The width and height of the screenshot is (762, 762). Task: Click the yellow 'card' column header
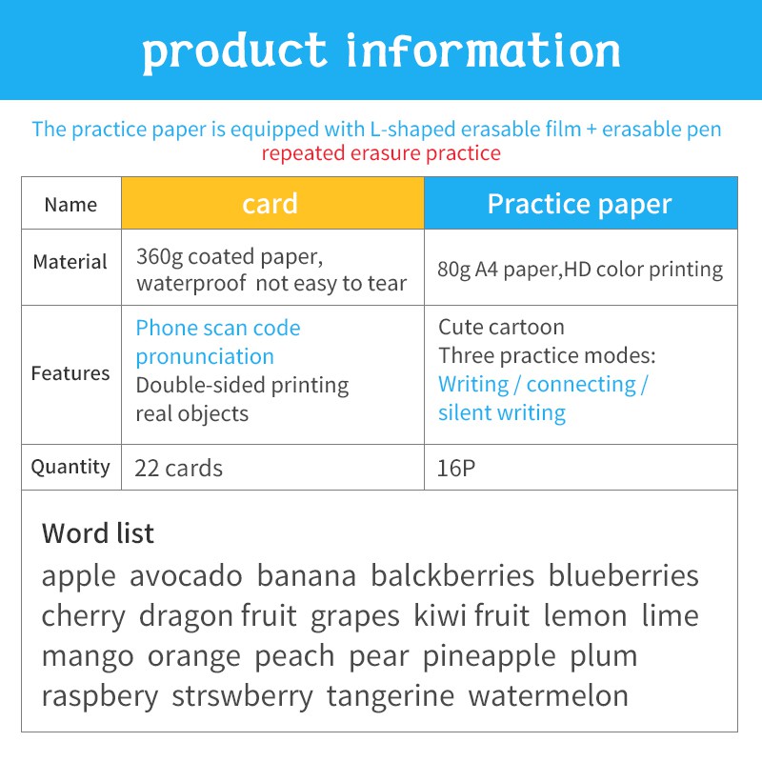pyautogui.click(x=271, y=203)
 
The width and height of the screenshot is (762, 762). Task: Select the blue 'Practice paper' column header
pyautogui.click(x=579, y=204)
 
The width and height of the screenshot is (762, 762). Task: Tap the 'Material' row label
pyautogui.click(x=70, y=261)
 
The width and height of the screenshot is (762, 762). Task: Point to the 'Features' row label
pyautogui.click(x=70, y=373)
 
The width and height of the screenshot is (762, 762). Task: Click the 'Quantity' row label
pyautogui.click(x=70, y=467)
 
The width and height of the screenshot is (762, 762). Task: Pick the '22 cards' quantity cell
pyautogui.click(x=178, y=468)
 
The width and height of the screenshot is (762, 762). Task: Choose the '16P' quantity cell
pyautogui.click(x=456, y=468)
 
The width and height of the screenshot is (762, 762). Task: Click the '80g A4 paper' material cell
pyautogui.click(x=580, y=270)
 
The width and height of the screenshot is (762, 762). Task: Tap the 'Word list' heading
pyautogui.click(x=98, y=533)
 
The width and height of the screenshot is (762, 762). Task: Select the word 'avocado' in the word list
pyautogui.click(x=186, y=576)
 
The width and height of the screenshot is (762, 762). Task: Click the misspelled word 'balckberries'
pyautogui.click(x=452, y=575)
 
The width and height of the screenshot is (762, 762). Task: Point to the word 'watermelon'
pyautogui.click(x=549, y=695)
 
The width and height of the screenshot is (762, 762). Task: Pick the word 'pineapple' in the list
pyautogui.click(x=489, y=657)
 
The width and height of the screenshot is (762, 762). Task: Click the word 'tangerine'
pyautogui.click(x=391, y=697)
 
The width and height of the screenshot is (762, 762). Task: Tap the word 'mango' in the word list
pyautogui.click(x=88, y=657)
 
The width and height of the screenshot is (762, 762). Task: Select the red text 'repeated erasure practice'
pyautogui.click(x=381, y=153)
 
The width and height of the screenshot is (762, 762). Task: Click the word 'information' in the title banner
pyautogui.click(x=483, y=50)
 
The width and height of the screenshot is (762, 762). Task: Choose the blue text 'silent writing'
pyautogui.click(x=502, y=413)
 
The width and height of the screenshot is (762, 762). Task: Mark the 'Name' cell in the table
pyautogui.click(x=70, y=205)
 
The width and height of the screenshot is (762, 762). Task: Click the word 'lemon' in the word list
pyautogui.click(x=585, y=615)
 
